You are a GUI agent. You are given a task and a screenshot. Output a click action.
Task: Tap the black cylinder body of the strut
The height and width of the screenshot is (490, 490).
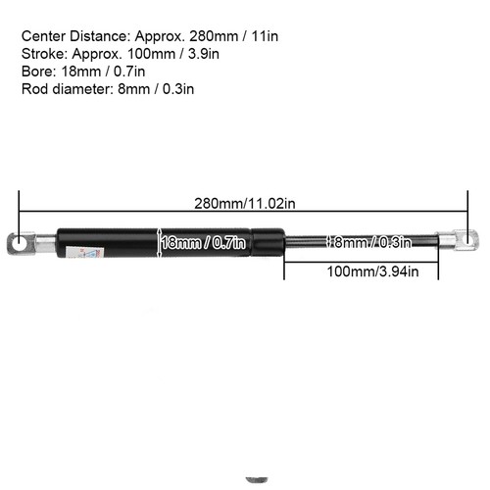tap(118, 241)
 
